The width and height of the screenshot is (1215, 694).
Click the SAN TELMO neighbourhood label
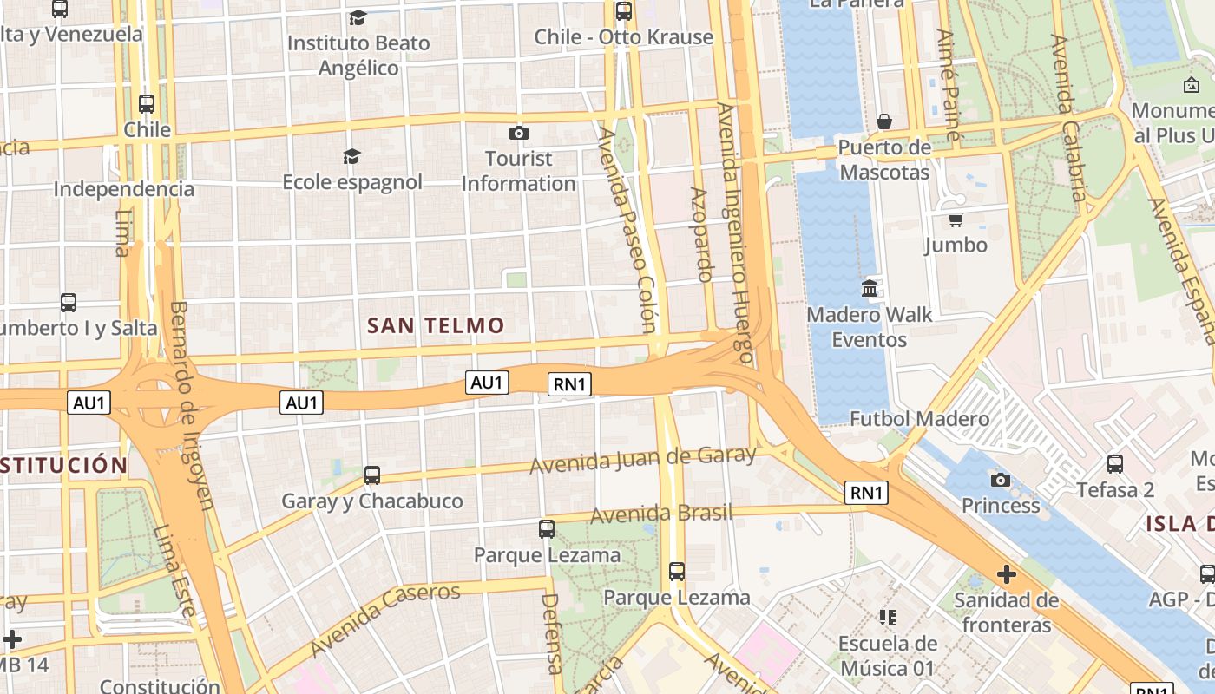pos(436,325)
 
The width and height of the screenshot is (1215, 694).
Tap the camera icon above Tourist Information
pos(519,133)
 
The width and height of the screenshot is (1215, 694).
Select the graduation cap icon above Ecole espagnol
pos(351,156)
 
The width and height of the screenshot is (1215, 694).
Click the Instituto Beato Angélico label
pos(358,55)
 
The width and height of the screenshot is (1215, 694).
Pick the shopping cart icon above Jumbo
pos(956,219)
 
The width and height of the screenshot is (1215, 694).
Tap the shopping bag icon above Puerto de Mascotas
pos(884,121)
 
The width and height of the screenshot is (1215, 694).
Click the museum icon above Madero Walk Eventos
pos(870,288)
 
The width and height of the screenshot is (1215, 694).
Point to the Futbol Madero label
pos(919,419)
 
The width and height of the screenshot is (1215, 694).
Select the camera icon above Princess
pos(1001,480)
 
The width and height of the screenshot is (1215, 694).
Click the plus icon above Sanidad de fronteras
pos(1007,574)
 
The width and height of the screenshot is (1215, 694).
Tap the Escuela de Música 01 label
pos(887,656)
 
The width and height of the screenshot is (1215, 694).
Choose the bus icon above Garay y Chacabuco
pos(372,475)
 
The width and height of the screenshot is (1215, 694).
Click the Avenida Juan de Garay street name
pos(642,460)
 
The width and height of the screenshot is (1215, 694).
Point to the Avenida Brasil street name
pos(661,514)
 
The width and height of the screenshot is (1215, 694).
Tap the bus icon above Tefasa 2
pos(1115,464)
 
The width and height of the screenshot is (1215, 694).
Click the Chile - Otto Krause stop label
pos(623,36)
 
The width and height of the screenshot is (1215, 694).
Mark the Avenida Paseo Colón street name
pos(628,230)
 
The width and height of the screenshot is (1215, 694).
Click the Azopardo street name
pos(701,234)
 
